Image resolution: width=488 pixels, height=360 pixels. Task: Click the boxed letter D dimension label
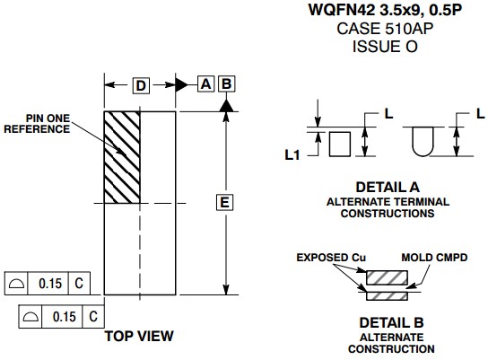click(x=141, y=85)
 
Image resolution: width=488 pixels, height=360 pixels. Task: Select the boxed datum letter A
click(x=205, y=83)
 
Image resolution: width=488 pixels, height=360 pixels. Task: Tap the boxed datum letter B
click(x=227, y=83)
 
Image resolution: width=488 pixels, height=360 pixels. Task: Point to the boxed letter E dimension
click(x=224, y=202)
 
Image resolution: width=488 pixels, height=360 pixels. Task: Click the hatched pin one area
click(x=122, y=157)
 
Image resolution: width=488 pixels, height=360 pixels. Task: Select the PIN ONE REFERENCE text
click(x=37, y=124)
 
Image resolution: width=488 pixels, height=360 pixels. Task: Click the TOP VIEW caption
click(x=139, y=336)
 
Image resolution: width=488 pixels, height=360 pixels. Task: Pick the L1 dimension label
click(x=292, y=154)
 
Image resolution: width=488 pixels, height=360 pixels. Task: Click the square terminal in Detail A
click(x=340, y=144)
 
